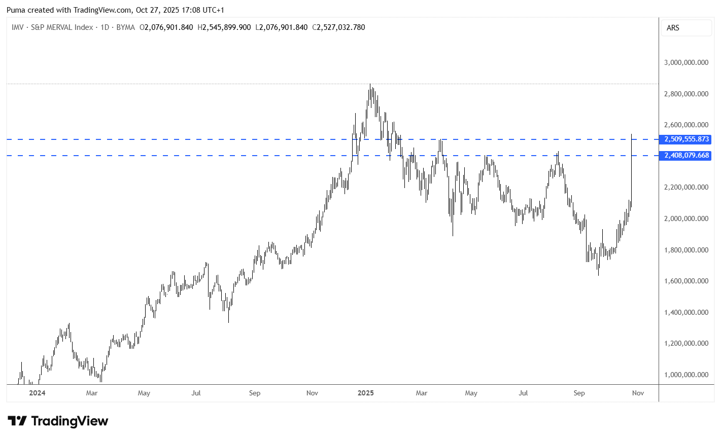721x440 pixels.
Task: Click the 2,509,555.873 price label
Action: point(686,139)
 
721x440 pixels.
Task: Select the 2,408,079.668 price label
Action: point(686,156)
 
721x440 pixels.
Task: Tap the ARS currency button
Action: point(673,28)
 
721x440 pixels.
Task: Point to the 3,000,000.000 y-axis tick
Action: point(686,63)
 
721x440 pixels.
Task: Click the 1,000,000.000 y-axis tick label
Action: point(686,375)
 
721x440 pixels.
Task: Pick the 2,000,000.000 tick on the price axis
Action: point(686,219)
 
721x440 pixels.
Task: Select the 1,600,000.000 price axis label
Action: point(686,281)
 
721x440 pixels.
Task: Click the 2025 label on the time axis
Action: point(365,393)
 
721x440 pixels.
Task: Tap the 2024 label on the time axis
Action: point(37,393)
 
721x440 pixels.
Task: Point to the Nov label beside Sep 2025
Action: point(638,393)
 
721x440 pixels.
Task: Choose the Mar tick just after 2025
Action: point(421,393)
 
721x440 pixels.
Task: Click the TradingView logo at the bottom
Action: point(58,421)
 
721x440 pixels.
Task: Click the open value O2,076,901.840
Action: point(166,27)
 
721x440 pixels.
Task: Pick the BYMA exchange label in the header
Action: point(125,27)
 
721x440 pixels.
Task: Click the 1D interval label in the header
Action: point(105,27)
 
